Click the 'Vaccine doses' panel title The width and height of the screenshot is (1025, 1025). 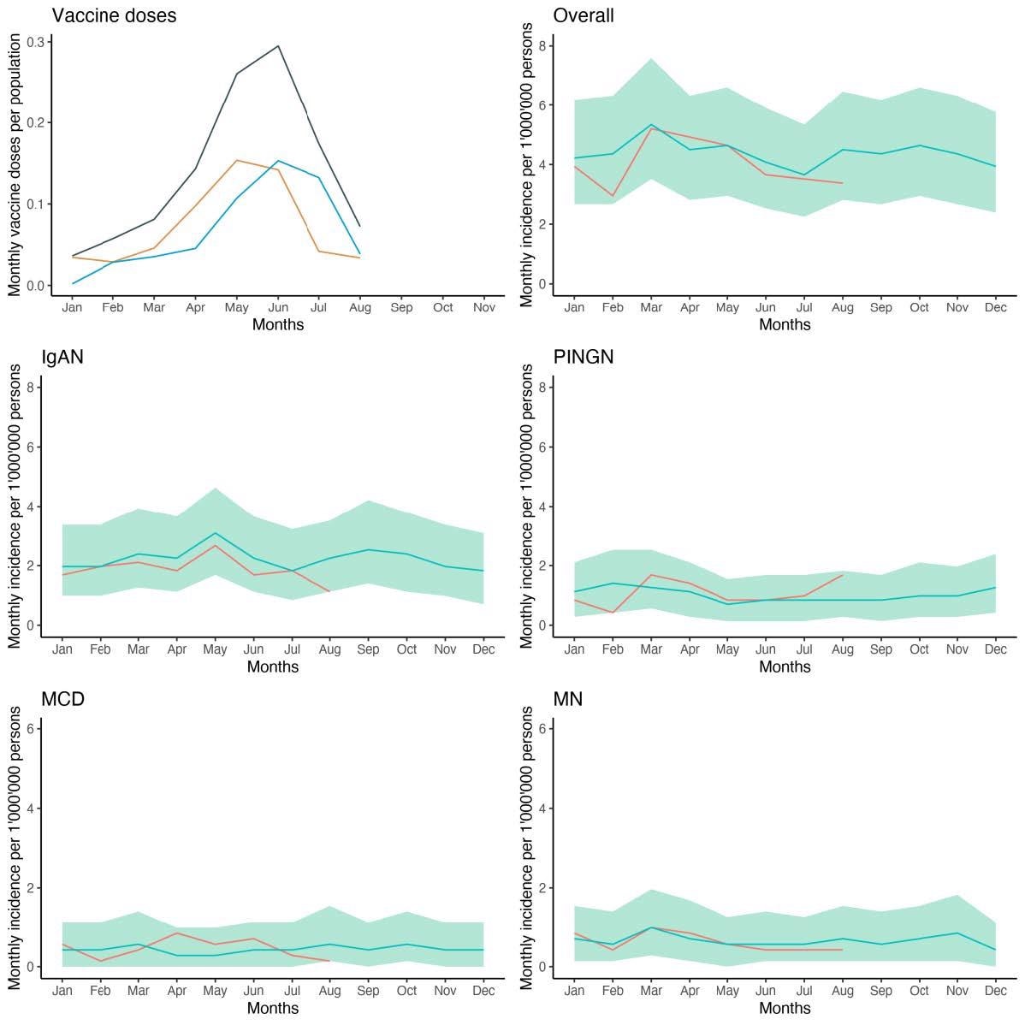(x=114, y=15)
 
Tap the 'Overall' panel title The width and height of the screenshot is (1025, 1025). (x=584, y=15)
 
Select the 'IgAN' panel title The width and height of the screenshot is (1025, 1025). (x=62, y=357)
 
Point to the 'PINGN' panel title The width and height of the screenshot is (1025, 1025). (x=584, y=357)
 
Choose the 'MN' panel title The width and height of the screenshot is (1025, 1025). (x=568, y=698)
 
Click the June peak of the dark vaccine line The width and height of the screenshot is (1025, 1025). (x=278, y=46)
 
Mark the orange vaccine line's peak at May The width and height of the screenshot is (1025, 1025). (x=236, y=160)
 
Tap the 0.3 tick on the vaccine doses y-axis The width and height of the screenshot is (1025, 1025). (x=35, y=41)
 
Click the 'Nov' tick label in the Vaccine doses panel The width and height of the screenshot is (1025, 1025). (x=483, y=307)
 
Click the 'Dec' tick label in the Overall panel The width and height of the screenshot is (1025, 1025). (x=995, y=307)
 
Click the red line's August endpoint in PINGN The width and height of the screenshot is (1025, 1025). (x=843, y=575)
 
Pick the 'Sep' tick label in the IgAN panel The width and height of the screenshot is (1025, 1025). (x=368, y=649)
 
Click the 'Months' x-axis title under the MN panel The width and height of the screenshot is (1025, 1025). (x=785, y=1008)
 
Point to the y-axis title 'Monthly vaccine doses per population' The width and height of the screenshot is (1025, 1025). (x=15, y=166)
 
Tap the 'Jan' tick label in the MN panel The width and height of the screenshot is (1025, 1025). (x=575, y=991)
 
